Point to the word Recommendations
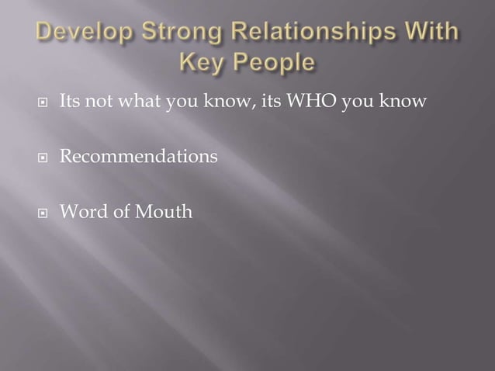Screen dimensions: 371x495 (139, 157)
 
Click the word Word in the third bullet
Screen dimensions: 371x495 (81, 211)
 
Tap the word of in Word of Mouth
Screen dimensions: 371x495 (119, 211)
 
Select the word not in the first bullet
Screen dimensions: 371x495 (98, 102)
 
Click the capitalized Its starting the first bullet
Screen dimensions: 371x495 (70, 102)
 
